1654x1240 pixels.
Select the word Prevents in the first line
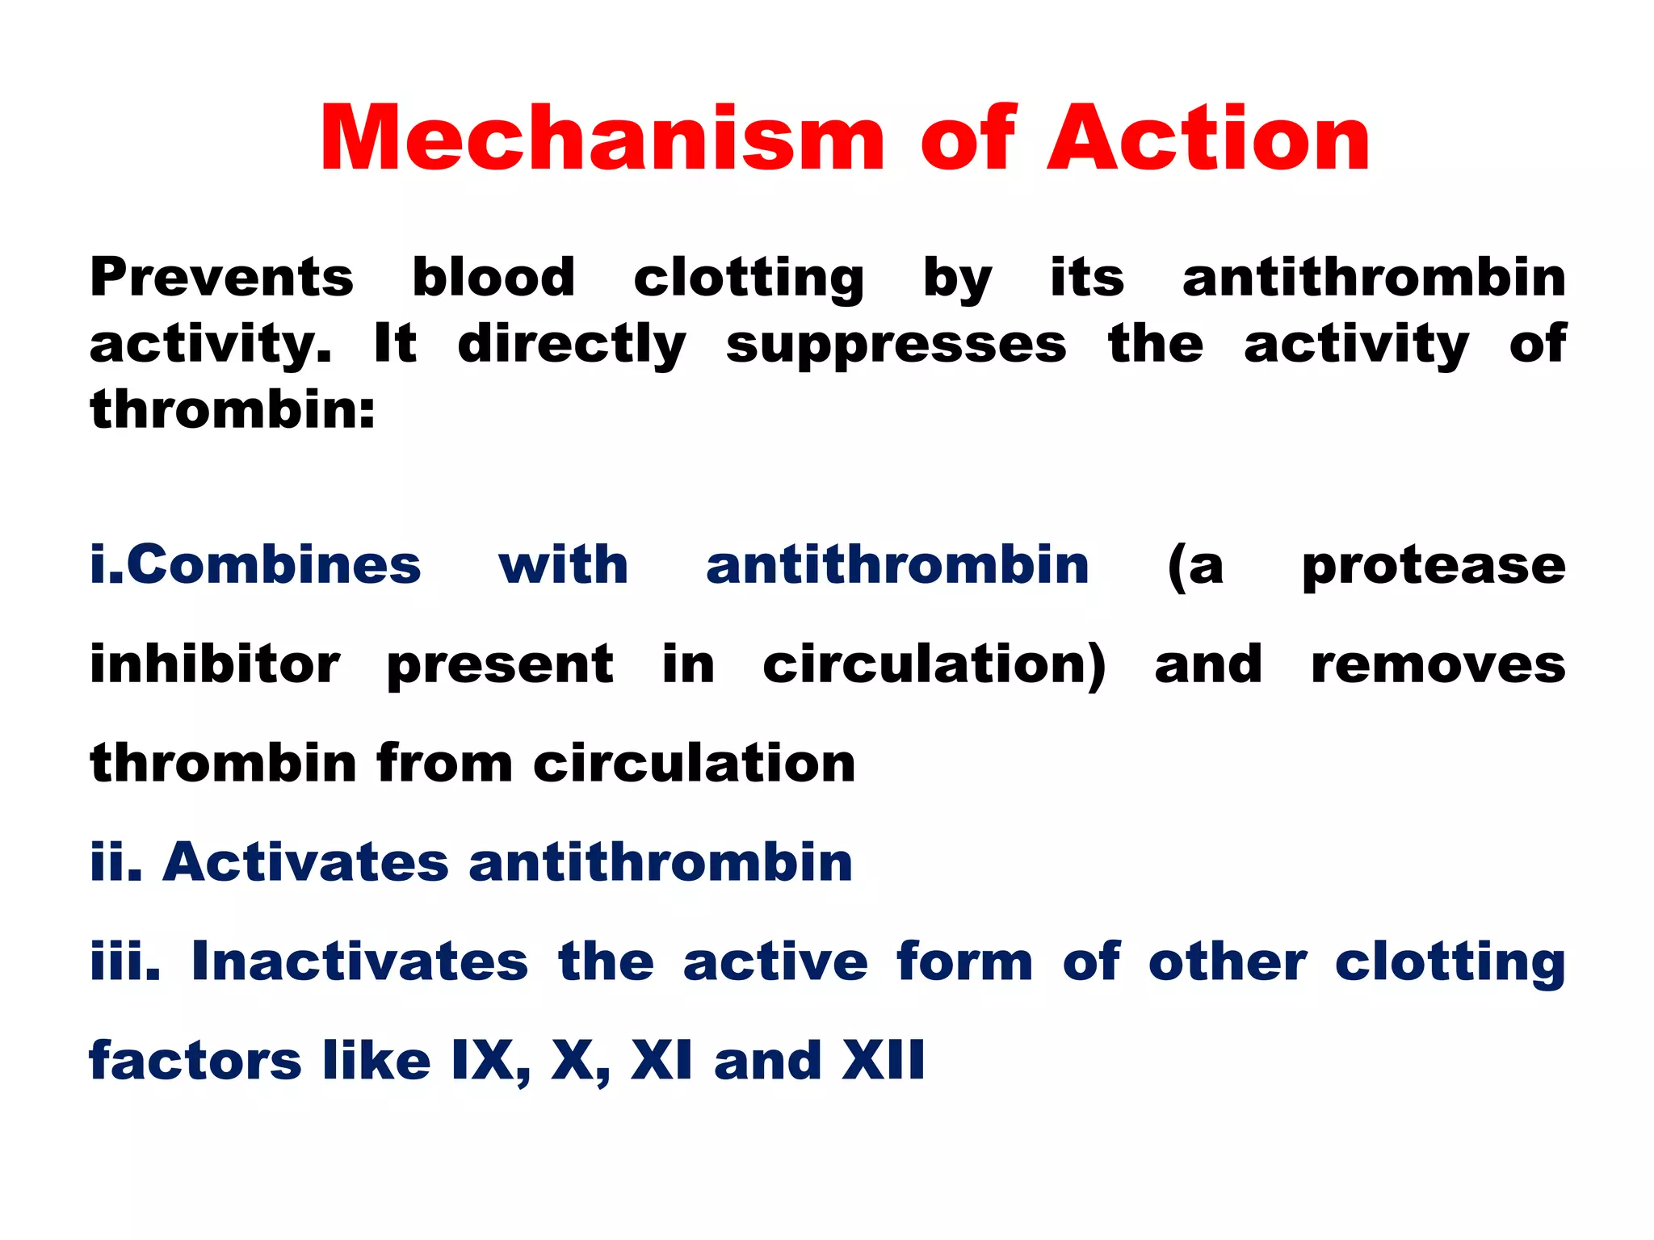(x=221, y=278)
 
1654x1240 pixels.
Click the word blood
(x=493, y=278)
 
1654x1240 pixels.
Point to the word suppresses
(x=896, y=345)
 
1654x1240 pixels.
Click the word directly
(x=572, y=345)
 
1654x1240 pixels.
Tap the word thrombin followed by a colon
(x=232, y=410)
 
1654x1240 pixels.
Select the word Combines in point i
(x=273, y=564)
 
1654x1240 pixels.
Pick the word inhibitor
(x=214, y=664)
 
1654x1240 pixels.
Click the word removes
(x=1438, y=666)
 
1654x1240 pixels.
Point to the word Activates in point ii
(x=305, y=862)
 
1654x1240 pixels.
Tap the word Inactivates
(x=359, y=961)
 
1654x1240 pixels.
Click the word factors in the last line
(x=195, y=1060)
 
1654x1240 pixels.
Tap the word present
(x=500, y=666)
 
